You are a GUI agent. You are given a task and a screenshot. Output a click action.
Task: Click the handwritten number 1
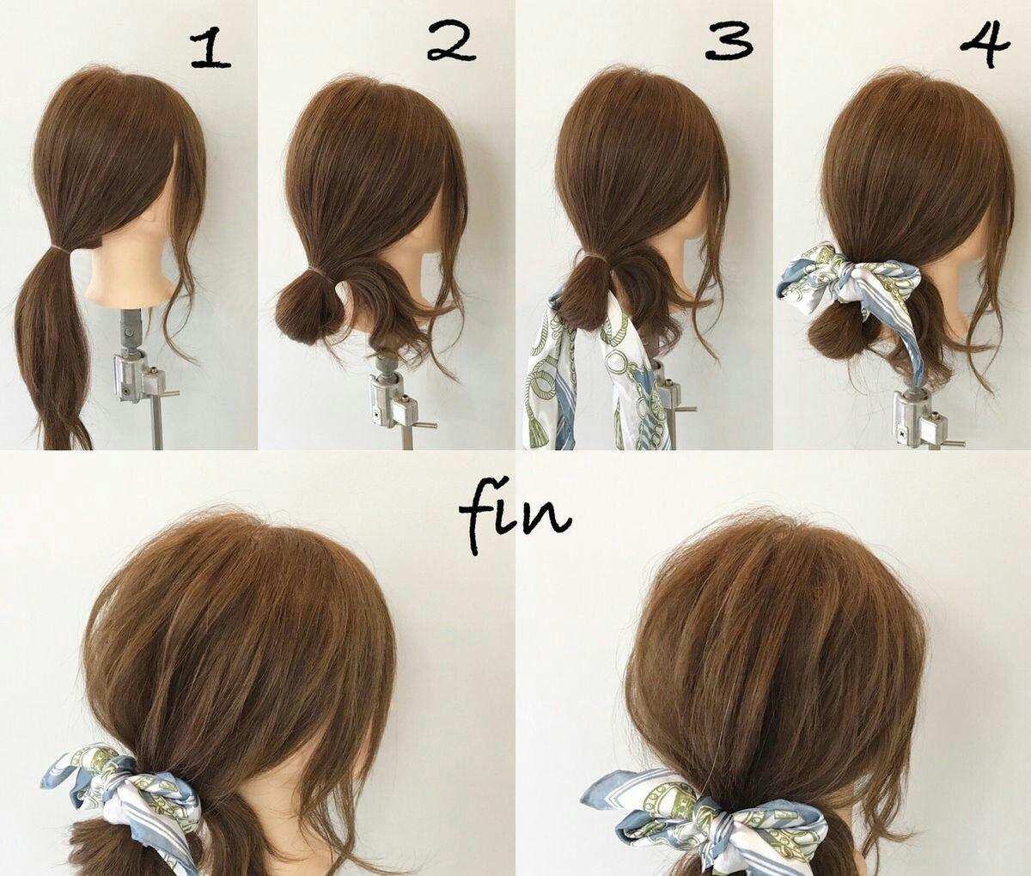(210, 51)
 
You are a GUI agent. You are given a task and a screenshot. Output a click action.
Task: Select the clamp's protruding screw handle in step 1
(168, 393)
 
